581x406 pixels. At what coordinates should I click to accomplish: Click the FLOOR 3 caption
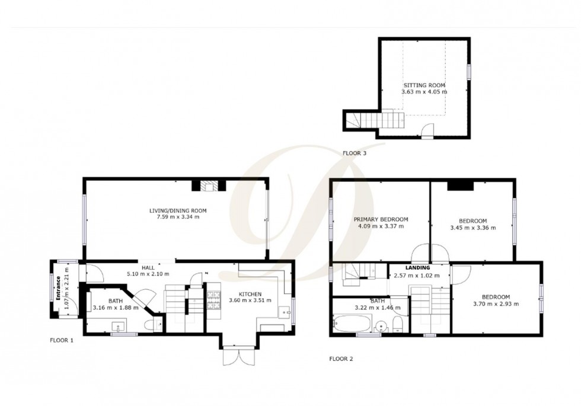pyautogui.click(x=355, y=153)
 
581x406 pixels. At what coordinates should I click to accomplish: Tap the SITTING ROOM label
pyautogui.click(x=424, y=85)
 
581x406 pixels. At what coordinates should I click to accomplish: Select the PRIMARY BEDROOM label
pyautogui.click(x=381, y=219)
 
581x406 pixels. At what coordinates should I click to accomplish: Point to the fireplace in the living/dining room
pyautogui.click(x=208, y=186)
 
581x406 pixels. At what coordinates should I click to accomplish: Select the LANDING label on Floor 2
pyautogui.click(x=418, y=268)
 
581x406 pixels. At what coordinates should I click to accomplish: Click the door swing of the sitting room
pyautogui.click(x=427, y=130)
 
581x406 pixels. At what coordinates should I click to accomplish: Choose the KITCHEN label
pyautogui.click(x=250, y=295)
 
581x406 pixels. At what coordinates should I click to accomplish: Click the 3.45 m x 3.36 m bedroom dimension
pyautogui.click(x=473, y=227)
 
